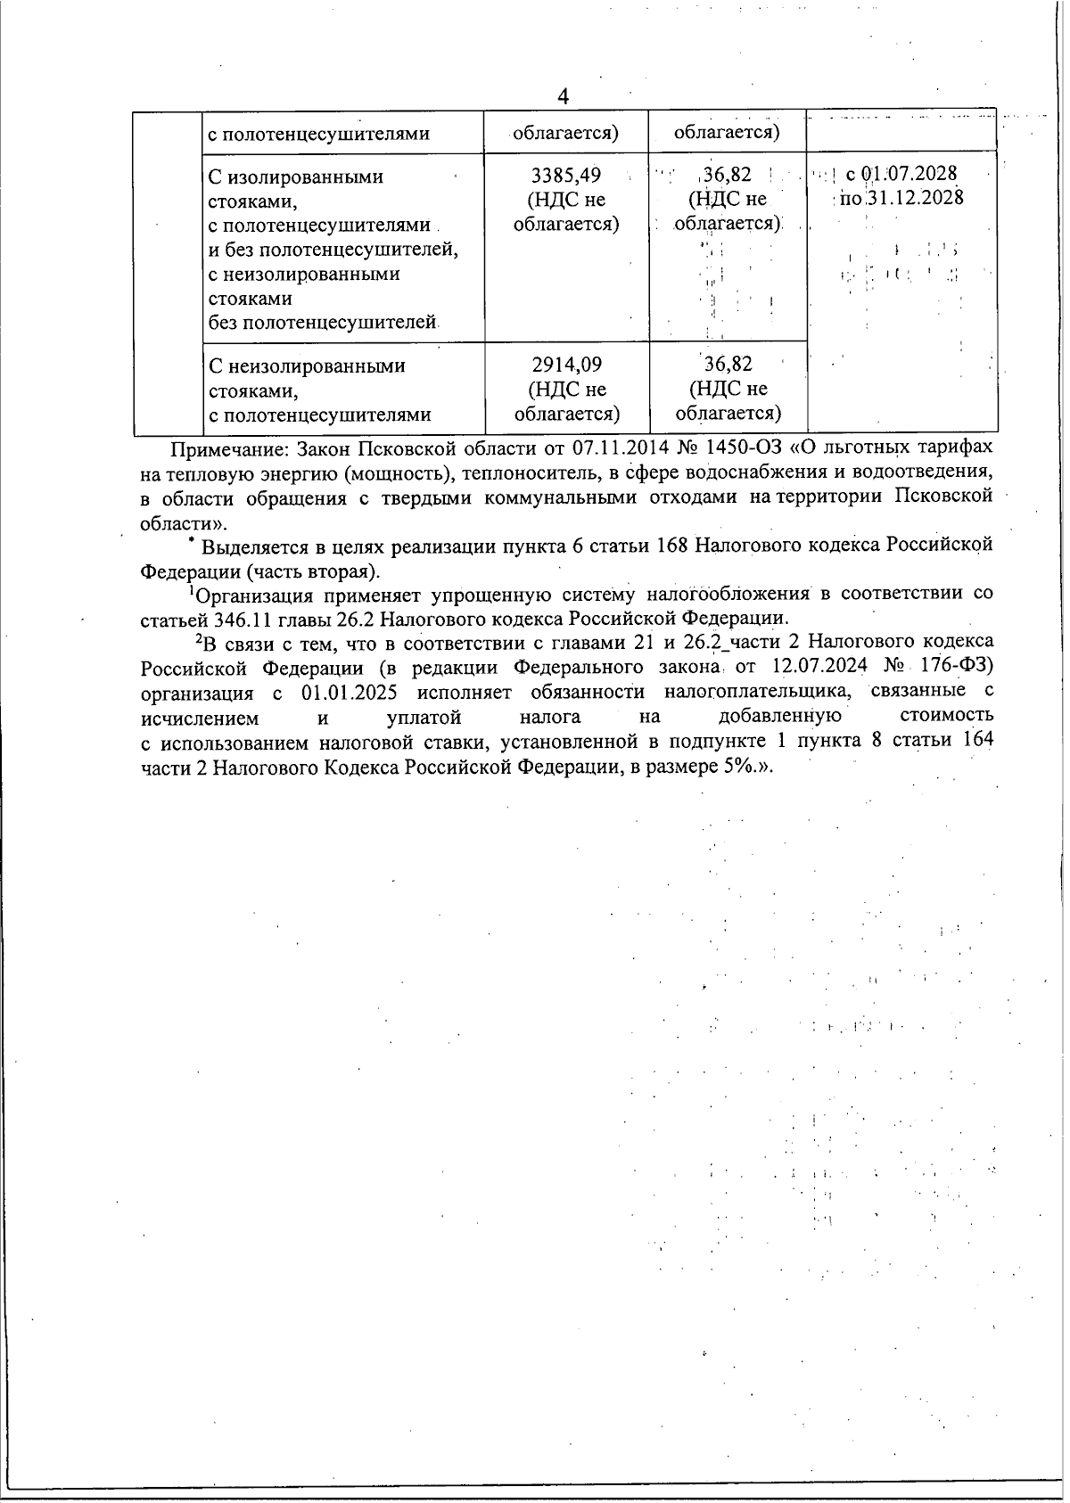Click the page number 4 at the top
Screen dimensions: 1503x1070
click(563, 96)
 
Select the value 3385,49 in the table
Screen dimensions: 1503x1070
click(566, 176)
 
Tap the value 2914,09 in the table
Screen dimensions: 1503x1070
click(566, 365)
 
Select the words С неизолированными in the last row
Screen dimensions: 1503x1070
click(307, 366)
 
